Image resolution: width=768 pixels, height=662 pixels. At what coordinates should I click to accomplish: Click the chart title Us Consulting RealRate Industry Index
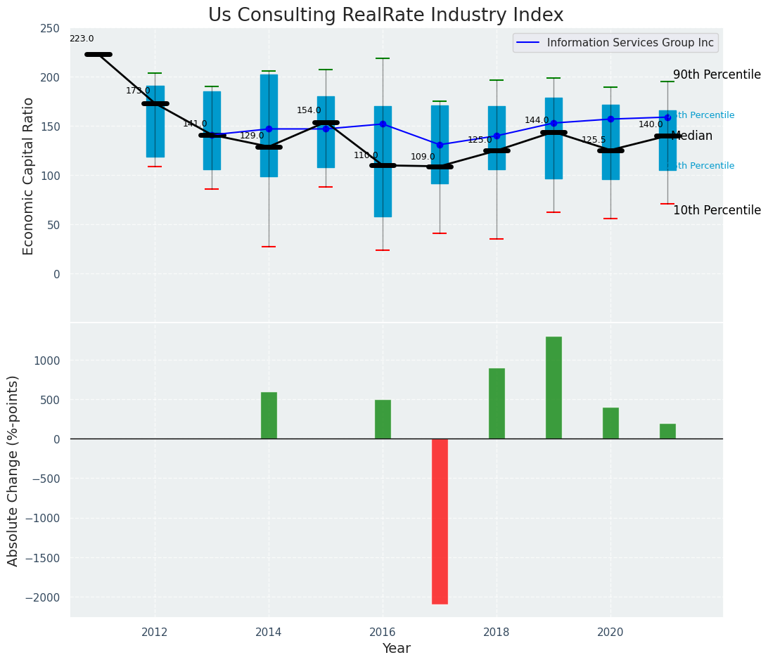pos(385,15)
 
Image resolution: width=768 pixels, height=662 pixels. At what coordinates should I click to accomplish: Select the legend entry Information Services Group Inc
pos(630,43)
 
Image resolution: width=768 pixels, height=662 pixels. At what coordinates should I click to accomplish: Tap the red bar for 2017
pos(440,521)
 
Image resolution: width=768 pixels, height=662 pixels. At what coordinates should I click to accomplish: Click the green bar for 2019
pos(553,388)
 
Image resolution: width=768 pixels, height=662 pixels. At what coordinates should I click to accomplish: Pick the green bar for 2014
pos(269,415)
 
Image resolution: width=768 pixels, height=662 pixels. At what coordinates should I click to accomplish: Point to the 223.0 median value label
pos(82,39)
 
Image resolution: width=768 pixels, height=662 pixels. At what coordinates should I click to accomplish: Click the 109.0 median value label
pos(423,157)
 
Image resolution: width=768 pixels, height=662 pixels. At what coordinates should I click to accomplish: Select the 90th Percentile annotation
pos(717,75)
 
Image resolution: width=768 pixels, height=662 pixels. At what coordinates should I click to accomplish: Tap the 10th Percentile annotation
pos(717,211)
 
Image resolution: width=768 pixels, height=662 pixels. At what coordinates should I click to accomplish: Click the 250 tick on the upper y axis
pos(50,29)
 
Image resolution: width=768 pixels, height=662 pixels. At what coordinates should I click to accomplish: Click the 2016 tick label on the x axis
pos(383,632)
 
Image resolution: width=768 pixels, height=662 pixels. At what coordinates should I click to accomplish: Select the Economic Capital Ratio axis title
pos(29,176)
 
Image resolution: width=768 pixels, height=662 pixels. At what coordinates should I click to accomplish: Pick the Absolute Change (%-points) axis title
pos(13,470)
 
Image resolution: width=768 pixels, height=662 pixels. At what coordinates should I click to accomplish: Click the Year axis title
pos(396,649)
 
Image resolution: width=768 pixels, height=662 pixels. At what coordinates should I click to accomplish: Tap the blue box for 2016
pos(383,162)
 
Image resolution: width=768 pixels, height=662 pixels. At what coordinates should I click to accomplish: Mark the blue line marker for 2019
pos(553,124)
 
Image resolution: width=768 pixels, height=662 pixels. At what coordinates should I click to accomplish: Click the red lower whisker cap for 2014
pos(269,247)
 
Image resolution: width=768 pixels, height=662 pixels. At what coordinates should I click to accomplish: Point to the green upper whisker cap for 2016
pos(383,59)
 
